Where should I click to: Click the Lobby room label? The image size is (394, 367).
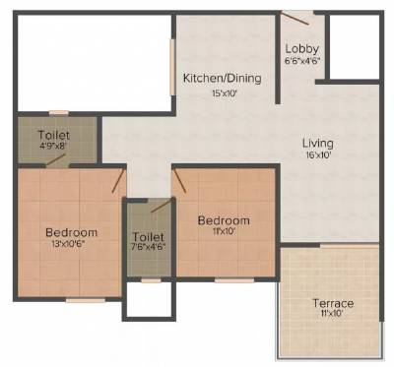[300, 48]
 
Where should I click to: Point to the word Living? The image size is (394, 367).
[317, 143]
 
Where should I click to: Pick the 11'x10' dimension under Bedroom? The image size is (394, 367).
[223, 233]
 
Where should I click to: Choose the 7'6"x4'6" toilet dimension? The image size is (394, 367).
[147, 250]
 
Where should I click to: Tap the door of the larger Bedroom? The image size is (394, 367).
[118, 180]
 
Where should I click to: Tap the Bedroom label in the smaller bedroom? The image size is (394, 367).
[223, 220]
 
